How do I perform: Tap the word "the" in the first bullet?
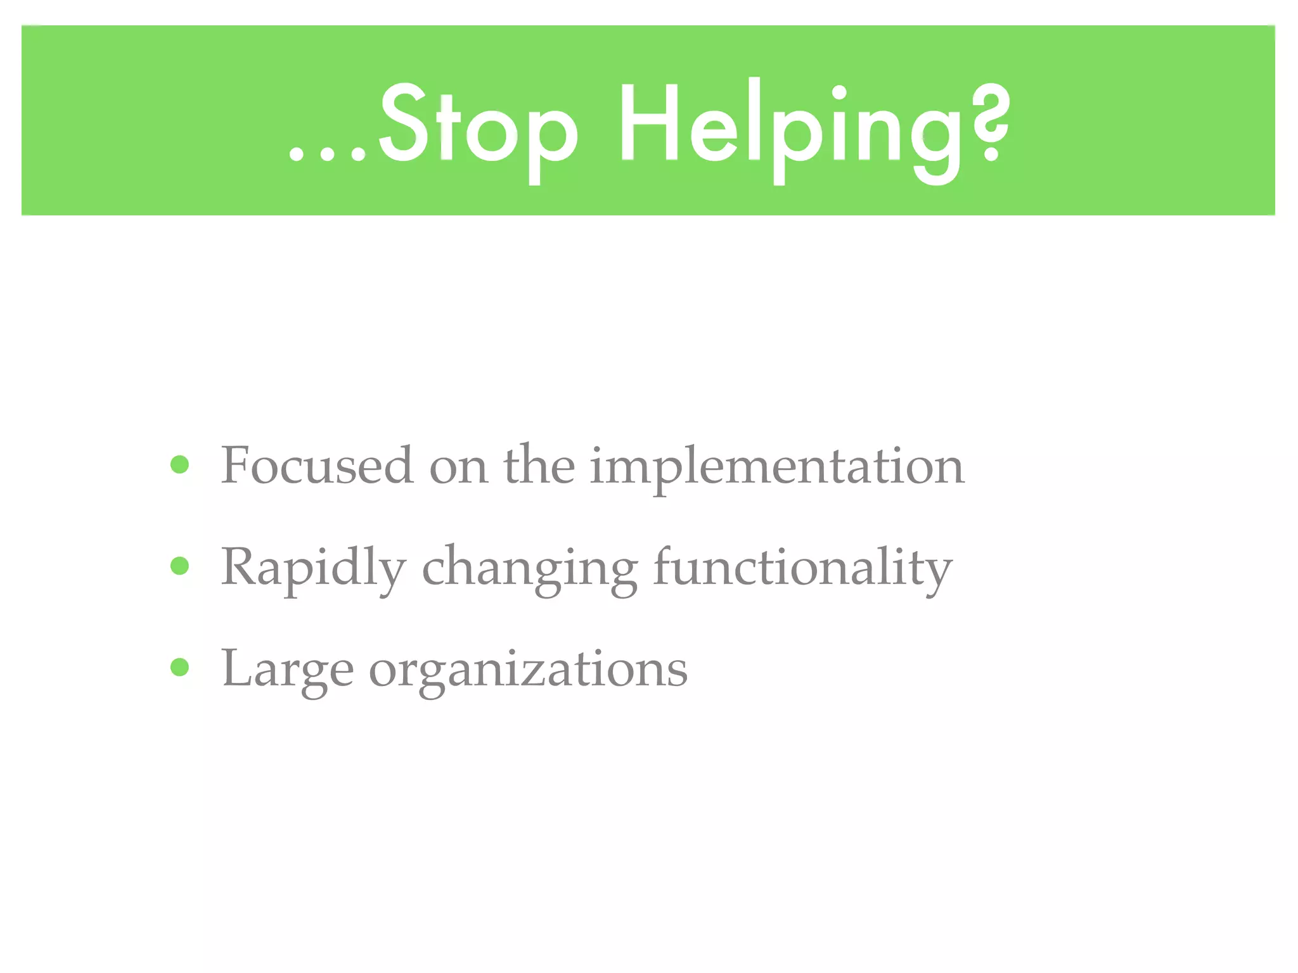coord(539,466)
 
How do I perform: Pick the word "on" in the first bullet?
coord(458,469)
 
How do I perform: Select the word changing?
coord(530,570)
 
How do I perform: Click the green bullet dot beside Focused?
coord(180,465)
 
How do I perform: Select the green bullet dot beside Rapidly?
coord(180,566)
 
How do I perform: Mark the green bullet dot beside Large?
coord(180,667)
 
